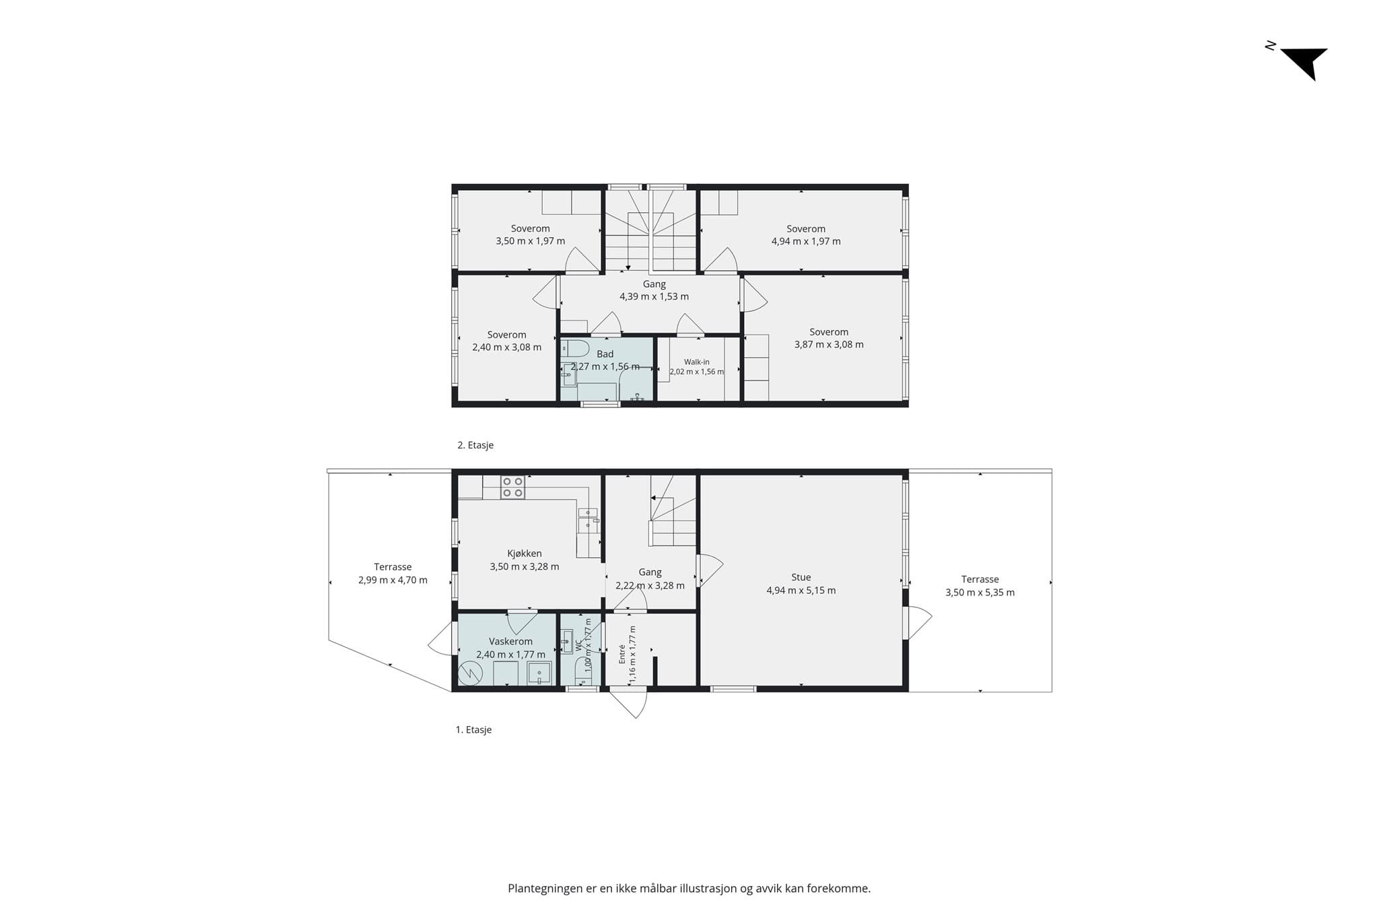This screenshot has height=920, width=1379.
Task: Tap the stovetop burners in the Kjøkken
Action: (x=512, y=487)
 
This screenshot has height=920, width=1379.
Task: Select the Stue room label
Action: (x=801, y=577)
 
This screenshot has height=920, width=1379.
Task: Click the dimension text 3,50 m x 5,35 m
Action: (x=980, y=593)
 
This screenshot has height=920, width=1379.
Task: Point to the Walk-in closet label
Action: (x=696, y=362)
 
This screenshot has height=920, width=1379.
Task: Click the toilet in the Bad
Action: (x=574, y=349)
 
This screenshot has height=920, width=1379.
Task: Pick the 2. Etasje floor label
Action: (x=475, y=445)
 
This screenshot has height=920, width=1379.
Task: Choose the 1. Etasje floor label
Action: (x=474, y=729)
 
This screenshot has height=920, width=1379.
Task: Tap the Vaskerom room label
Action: (x=510, y=641)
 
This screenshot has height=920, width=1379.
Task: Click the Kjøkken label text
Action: (x=525, y=554)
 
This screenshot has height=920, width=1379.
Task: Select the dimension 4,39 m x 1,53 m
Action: (x=654, y=296)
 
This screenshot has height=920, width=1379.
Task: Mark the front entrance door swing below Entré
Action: (x=629, y=702)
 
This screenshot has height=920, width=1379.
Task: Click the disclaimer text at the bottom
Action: (x=689, y=888)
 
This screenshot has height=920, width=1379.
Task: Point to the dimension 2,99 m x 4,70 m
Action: (x=393, y=580)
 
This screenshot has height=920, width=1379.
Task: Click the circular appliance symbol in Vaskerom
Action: (x=470, y=673)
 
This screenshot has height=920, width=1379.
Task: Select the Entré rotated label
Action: (x=622, y=655)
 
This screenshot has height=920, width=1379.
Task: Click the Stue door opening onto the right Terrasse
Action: (x=918, y=622)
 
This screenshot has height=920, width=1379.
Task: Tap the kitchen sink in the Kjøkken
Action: (x=588, y=517)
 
